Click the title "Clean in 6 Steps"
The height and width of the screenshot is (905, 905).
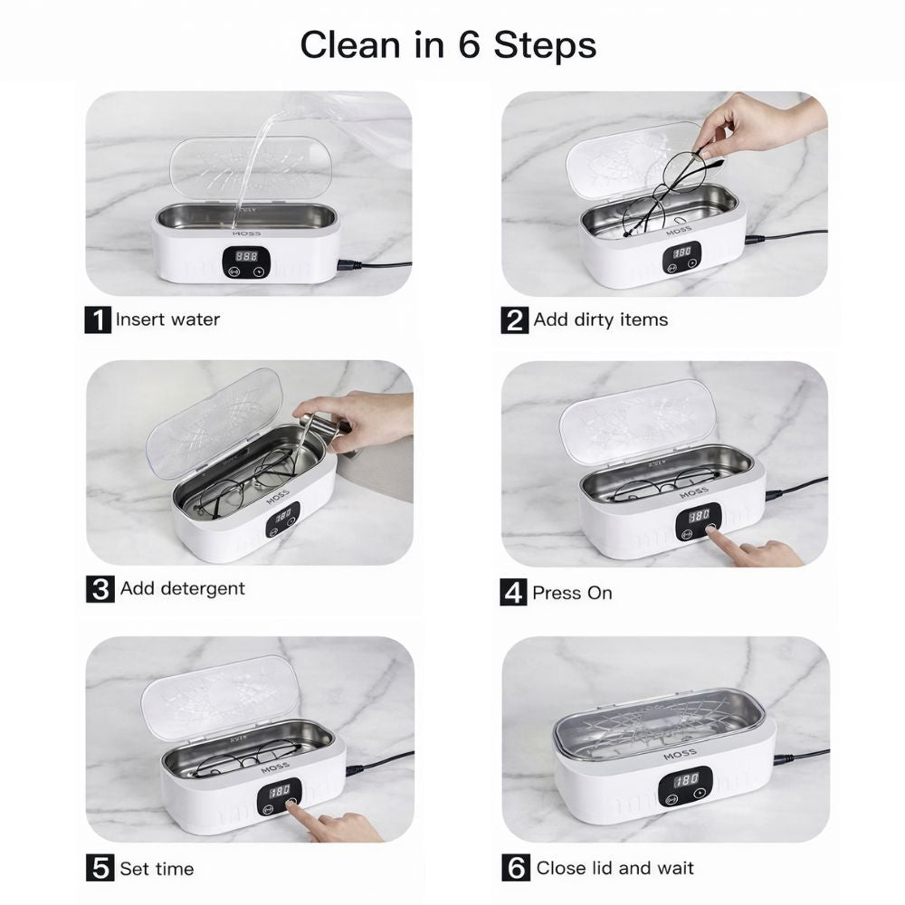click(448, 45)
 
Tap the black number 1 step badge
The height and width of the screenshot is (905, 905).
click(98, 319)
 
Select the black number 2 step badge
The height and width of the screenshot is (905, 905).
click(514, 320)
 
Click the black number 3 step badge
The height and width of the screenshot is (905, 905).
click(100, 589)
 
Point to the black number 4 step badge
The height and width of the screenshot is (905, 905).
click(513, 592)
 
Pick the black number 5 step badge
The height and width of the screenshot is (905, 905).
click(100, 868)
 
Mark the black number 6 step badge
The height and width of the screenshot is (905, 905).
click(516, 868)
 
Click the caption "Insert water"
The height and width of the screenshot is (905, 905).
click(167, 319)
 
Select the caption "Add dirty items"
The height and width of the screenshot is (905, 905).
click(600, 319)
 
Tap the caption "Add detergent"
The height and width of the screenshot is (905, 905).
click(183, 589)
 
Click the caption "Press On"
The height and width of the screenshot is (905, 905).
click(572, 593)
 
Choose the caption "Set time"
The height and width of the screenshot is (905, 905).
click(157, 869)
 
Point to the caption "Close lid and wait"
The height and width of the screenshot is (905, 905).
click(614, 868)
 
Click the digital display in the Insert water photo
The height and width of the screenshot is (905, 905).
click(246, 256)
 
